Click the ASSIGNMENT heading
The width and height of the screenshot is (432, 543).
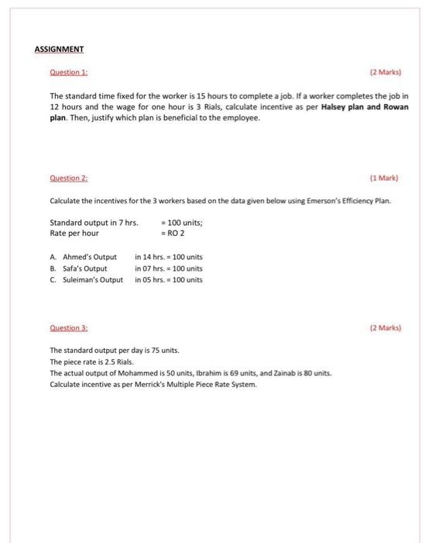(x=59, y=49)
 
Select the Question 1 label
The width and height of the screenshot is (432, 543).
(x=67, y=75)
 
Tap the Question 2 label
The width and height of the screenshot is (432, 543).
(x=67, y=178)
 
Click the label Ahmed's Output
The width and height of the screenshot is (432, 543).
(x=88, y=257)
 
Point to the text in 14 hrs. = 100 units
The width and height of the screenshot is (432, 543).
(x=169, y=257)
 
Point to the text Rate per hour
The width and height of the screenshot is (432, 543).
(x=74, y=233)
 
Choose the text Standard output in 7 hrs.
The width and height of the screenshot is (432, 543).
(x=94, y=223)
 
